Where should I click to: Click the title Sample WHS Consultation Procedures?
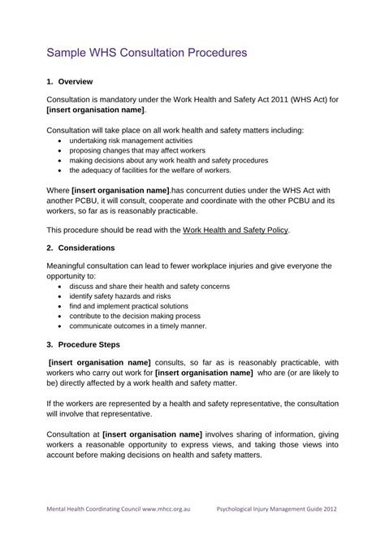point(145,54)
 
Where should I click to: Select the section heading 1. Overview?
point(71,82)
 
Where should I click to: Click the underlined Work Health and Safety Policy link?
point(236,230)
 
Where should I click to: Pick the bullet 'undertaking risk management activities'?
point(136,140)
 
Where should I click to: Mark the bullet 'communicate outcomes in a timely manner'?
point(137,330)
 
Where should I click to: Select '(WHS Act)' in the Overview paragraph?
point(300,99)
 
